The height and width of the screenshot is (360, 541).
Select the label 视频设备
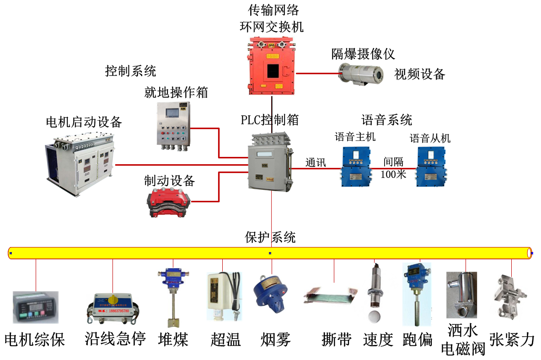click(x=420, y=74)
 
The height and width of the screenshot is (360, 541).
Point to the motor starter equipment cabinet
click(x=80, y=164)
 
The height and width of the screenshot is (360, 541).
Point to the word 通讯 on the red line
click(x=316, y=162)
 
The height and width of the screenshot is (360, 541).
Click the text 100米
click(x=393, y=174)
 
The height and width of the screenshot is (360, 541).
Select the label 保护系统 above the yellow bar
click(x=270, y=237)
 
